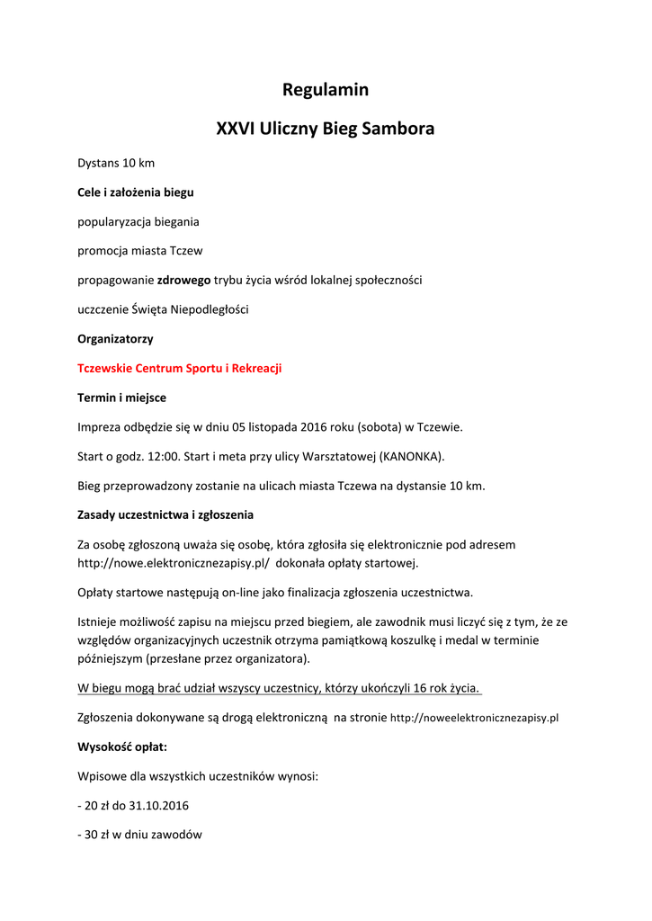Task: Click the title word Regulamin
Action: [326, 90]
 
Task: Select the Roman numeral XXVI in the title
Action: [236, 129]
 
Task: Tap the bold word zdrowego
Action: [184, 280]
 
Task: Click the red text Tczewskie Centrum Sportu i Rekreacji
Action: [180, 368]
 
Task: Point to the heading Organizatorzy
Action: [115, 339]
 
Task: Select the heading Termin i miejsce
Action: [121, 398]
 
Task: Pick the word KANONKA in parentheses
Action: [411, 456]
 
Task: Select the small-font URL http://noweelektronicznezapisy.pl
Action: [475, 719]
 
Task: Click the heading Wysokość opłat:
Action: [121, 747]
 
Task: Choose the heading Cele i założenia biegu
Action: [135, 192]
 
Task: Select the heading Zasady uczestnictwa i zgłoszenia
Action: [165, 514]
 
